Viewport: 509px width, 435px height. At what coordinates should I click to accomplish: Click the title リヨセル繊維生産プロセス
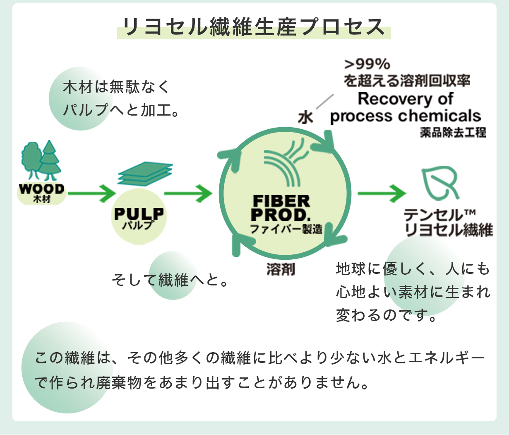click(x=254, y=27)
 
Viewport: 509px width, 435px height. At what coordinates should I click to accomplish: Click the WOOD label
click(x=41, y=189)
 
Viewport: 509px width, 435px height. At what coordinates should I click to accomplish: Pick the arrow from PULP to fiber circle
click(x=188, y=193)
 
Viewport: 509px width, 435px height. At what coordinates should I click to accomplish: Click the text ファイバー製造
click(x=286, y=229)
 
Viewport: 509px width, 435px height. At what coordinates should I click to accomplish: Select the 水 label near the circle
click(x=305, y=118)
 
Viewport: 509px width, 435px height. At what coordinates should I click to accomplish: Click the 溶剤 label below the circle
click(x=281, y=269)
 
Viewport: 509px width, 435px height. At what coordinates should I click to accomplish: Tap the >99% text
click(x=367, y=64)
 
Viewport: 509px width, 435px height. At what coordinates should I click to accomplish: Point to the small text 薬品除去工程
click(x=453, y=133)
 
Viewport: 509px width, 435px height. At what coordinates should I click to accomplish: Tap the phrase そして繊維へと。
click(x=170, y=280)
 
